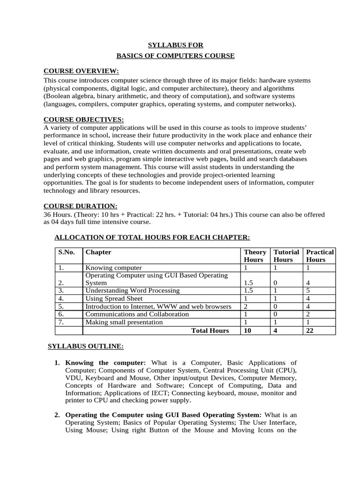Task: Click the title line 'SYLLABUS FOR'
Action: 176,45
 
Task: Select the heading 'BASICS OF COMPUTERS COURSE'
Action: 175,56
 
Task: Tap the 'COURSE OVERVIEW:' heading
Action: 81,71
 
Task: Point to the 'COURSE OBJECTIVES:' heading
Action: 83,120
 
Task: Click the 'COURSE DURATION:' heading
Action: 80,206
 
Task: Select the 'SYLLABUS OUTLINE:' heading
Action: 86,346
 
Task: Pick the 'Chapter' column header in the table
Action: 98,252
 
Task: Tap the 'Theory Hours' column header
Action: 255,255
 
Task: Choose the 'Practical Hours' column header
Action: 319,255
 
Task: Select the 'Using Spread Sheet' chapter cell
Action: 114,298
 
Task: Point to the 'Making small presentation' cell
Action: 124,322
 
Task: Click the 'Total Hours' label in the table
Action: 210,330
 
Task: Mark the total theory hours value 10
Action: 247,330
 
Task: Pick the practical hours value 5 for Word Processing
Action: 308,291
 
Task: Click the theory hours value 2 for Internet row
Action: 246,307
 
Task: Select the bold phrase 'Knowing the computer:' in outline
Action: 105,362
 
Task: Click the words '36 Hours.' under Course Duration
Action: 56,215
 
